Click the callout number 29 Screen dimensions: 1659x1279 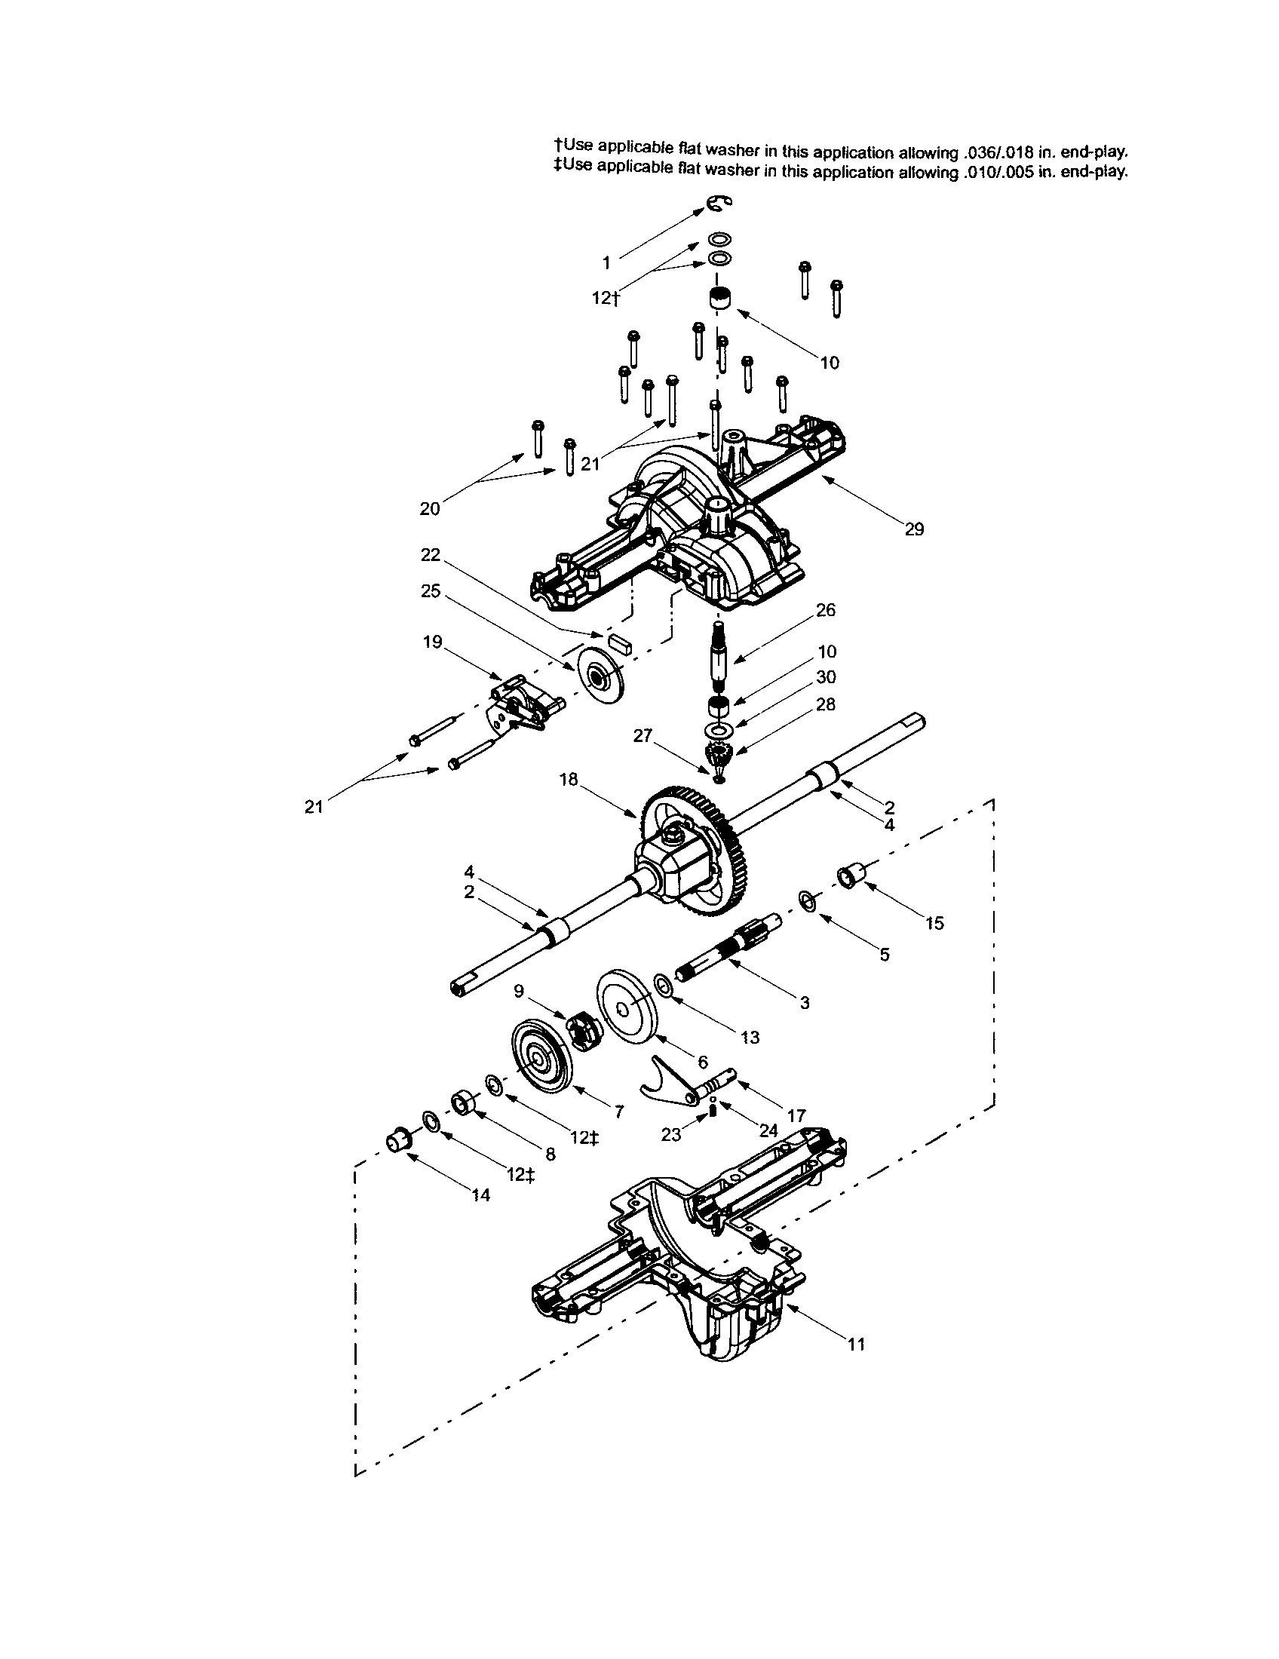coord(914,529)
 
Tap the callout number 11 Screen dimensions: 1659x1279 coord(856,1345)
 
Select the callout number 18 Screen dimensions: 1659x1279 coord(568,779)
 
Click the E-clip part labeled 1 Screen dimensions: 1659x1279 coord(714,203)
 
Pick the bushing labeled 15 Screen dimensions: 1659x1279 coord(847,878)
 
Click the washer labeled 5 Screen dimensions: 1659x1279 coord(807,901)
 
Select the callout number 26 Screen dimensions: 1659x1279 coord(825,610)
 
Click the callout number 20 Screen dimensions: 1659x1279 coord(429,509)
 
